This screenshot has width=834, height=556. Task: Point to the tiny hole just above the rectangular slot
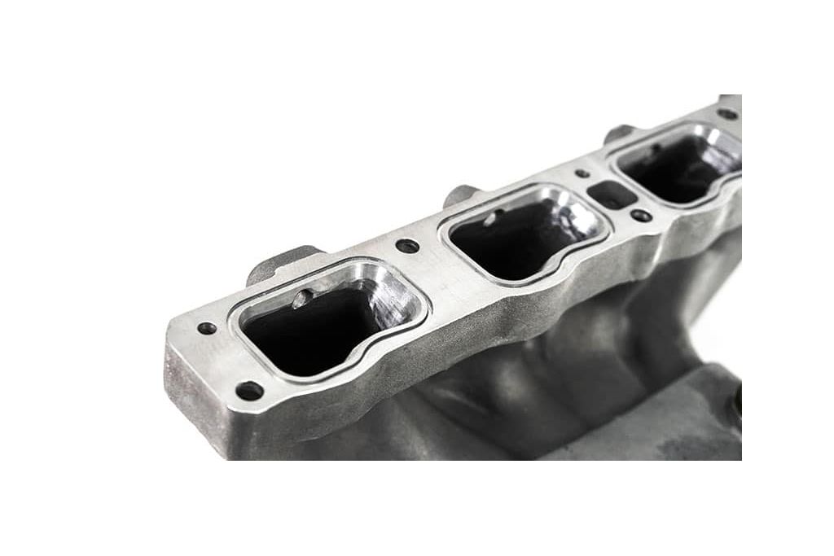pos(582,173)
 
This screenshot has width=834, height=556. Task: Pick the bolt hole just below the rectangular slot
pos(641,216)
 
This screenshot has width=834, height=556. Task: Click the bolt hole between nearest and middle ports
pos(406,245)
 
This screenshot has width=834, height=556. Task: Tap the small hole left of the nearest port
pos(207,328)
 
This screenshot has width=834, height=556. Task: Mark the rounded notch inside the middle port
pos(488,218)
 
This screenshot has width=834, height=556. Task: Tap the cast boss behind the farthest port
pos(619,134)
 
